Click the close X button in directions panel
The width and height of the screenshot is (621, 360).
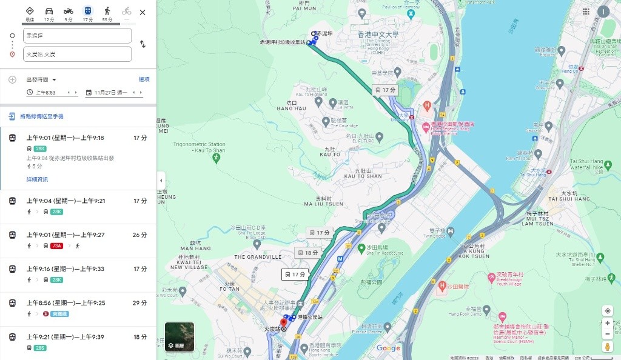pyautogui.click(x=143, y=12)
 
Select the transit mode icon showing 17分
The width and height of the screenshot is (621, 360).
pyautogui.click(x=88, y=12)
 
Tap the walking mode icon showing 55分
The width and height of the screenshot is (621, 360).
pyautogui.click(x=107, y=12)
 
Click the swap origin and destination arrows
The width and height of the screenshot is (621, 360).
pyautogui.click(x=143, y=44)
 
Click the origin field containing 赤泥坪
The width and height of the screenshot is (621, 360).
pyautogui.click(x=78, y=36)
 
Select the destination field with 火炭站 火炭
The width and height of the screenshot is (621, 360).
pyautogui.click(x=78, y=55)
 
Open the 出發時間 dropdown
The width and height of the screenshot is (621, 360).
pyautogui.click(x=41, y=79)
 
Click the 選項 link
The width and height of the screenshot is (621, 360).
pyautogui.click(x=144, y=79)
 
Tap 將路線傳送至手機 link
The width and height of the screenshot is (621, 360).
pyautogui.click(x=41, y=116)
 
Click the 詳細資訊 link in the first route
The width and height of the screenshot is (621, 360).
pyautogui.click(x=37, y=179)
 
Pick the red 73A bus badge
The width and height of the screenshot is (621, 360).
pyautogui.click(x=58, y=245)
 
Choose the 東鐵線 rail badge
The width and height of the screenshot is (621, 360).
pyautogui.click(x=55, y=314)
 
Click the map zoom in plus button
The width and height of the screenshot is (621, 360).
pyautogui.click(x=607, y=323)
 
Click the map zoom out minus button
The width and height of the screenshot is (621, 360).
pyautogui.click(x=607, y=334)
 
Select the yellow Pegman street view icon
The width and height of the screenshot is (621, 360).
pyautogui.click(x=607, y=347)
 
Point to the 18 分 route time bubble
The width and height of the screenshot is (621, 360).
pyautogui.click(x=307, y=253)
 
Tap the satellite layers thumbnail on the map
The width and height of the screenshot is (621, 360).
pyautogui.click(x=180, y=337)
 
